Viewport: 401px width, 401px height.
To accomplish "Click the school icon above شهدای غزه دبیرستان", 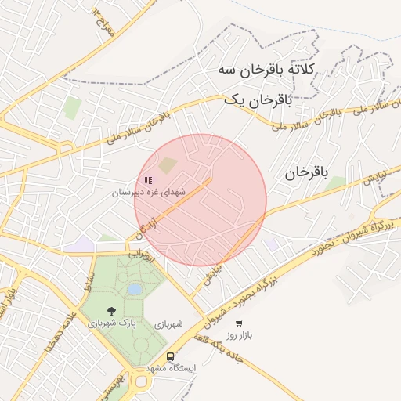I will pyautogui.click(x=148, y=180).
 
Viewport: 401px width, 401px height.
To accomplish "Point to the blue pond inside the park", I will pyautogui.click(x=135, y=290).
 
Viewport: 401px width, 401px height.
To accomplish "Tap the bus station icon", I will pyautogui.click(x=170, y=356).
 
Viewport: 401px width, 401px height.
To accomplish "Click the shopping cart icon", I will pyautogui.click(x=239, y=323).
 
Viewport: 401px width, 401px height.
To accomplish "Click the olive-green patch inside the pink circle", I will pyautogui.click(x=168, y=164).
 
